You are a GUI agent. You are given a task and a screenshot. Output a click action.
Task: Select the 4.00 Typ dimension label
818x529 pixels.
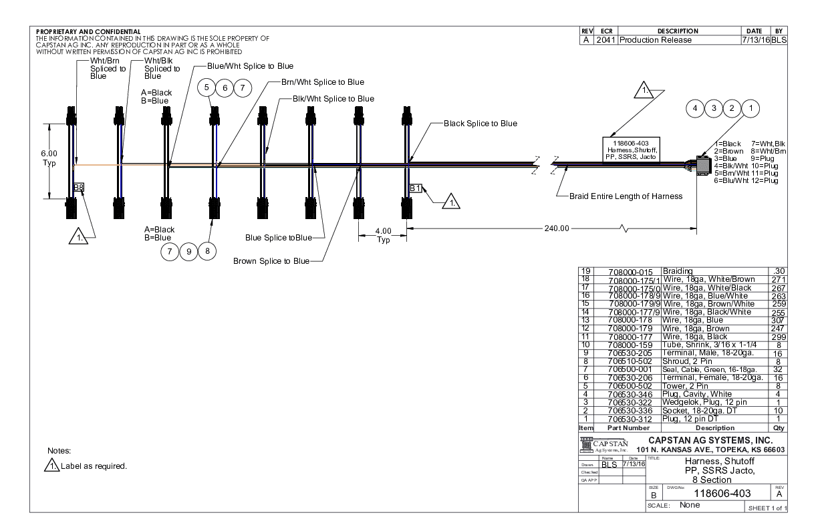pos(382,235)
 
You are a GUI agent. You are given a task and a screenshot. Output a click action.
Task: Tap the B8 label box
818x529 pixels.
pos(78,188)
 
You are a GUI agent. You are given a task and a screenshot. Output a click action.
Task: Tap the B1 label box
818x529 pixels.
pos(415,188)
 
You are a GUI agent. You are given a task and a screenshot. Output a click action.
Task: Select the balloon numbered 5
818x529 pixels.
pos(207,87)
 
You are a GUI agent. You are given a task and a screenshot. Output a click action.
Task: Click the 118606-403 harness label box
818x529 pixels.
pos(631,150)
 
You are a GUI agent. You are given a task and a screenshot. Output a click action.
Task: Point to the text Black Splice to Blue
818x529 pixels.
pos(480,124)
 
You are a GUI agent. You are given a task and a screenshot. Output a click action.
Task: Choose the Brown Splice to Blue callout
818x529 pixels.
pos(271,260)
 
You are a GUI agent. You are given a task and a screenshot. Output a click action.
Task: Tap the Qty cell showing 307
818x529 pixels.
pos(776,320)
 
